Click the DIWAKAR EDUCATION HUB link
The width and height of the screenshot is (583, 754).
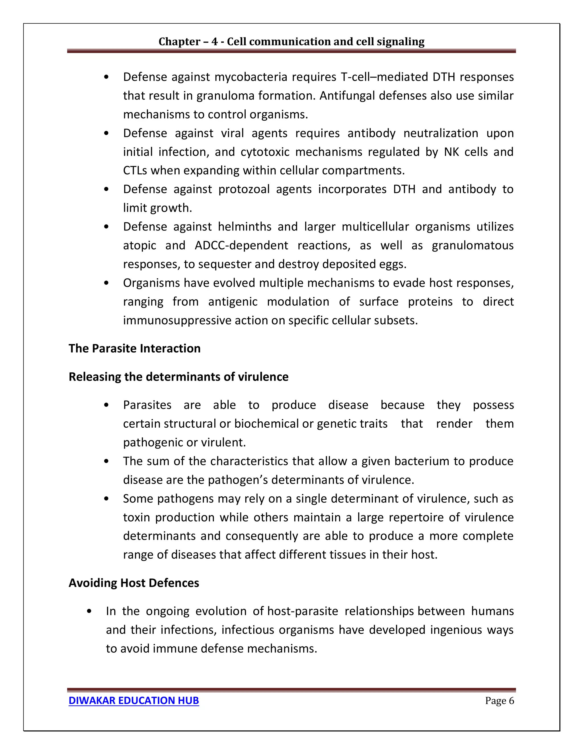[x=134, y=701]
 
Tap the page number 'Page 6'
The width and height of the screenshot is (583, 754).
[x=499, y=701]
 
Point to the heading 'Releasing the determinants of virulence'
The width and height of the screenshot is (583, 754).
[x=178, y=377]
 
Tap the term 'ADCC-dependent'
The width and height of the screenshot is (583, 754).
[x=241, y=246]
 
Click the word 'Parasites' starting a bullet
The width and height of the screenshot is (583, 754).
[x=147, y=405]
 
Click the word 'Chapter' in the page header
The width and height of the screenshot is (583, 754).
[x=179, y=42]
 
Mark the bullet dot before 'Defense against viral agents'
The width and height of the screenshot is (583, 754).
[x=106, y=133]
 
